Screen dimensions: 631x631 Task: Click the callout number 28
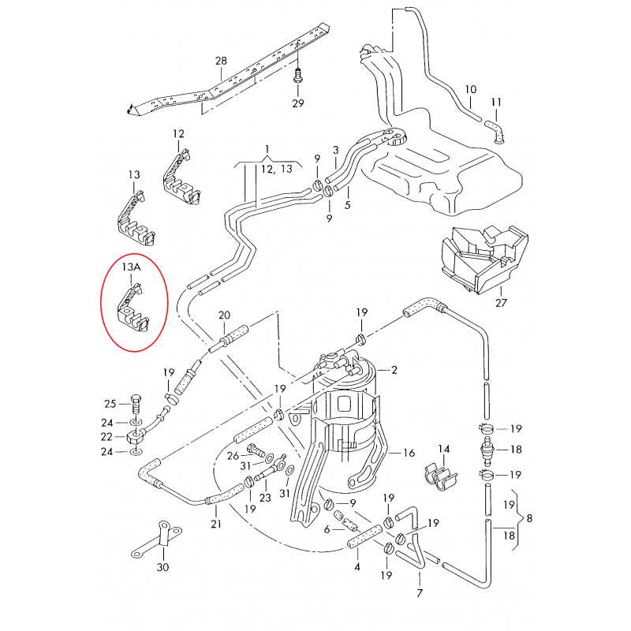(x=221, y=61)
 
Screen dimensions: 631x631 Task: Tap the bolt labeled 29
(x=298, y=79)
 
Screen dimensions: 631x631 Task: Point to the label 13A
(x=131, y=267)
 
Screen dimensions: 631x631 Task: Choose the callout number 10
(x=471, y=89)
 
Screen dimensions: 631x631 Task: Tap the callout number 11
(x=496, y=103)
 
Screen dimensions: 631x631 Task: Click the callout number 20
(x=224, y=315)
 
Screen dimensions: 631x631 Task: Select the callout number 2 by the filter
(x=394, y=370)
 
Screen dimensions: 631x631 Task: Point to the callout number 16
(x=409, y=453)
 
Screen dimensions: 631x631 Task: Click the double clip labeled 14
(x=442, y=472)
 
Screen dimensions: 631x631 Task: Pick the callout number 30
(x=163, y=567)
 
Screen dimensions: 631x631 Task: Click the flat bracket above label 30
(x=161, y=540)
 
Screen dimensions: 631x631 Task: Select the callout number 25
(x=111, y=403)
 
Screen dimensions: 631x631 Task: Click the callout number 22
(x=111, y=435)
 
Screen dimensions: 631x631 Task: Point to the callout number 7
(x=419, y=593)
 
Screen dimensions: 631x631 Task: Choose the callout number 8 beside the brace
(x=529, y=518)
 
